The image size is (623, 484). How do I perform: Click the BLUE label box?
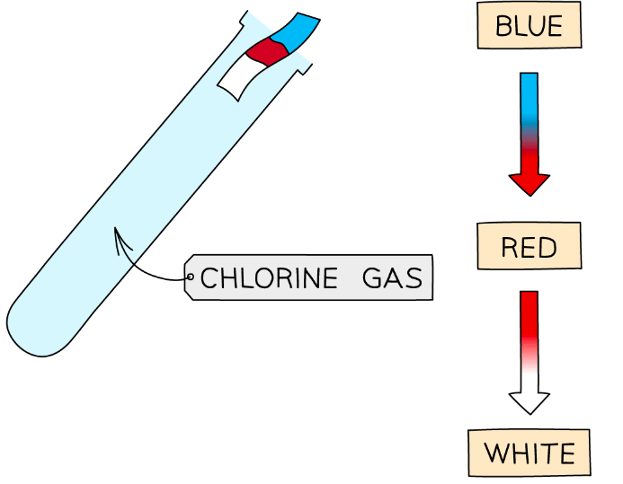pos(529,25)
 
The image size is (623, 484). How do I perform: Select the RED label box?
pos(529,246)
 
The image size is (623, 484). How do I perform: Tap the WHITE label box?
pos(529,453)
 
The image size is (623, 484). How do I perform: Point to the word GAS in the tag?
pos(393,278)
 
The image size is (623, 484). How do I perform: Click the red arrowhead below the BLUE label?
pos(529,184)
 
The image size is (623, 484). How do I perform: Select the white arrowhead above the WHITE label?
pos(529,402)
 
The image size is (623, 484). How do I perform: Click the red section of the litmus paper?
pos(268,52)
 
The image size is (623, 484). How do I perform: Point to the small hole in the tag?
pos(190,277)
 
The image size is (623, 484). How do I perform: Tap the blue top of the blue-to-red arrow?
pos(529,85)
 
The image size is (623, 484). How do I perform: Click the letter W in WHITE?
pos(497,453)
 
